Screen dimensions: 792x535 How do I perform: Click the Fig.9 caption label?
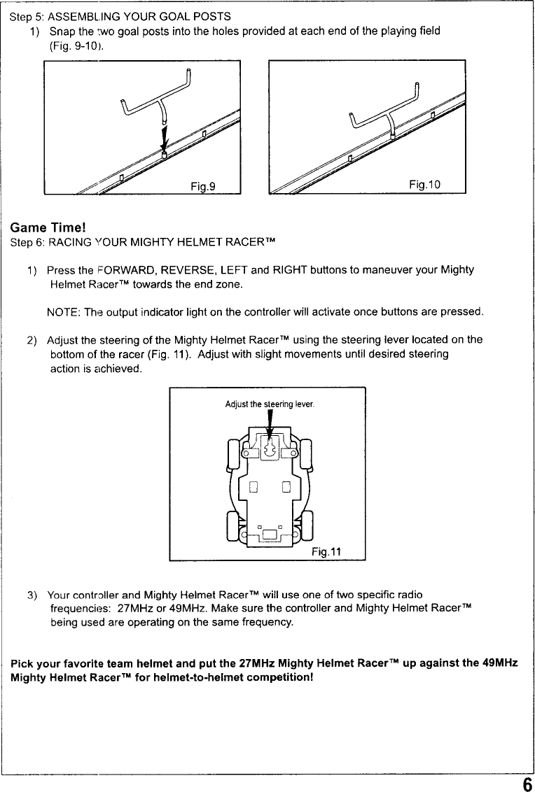pos(202,185)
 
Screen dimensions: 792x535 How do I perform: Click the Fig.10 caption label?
pos(424,185)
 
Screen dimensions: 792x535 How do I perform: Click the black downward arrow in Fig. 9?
pos(164,136)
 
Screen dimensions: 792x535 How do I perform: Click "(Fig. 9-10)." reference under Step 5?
pos(77,46)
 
